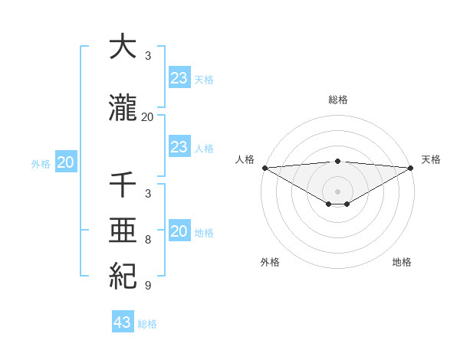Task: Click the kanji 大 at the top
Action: click(123, 47)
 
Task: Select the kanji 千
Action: click(123, 185)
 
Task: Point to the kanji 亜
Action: click(123, 231)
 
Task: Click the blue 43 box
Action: click(123, 322)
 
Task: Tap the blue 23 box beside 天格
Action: click(179, 78)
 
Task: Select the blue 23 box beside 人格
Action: click(179, 147)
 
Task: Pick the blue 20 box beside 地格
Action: click(179, 232)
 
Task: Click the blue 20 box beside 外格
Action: click(66, 162)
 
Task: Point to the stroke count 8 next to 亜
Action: click(148, 240)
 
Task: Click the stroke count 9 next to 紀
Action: click(148, 286)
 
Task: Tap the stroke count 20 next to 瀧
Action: click(148, 116)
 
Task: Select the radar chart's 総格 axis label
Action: click(337, 100)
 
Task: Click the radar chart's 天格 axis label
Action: click(432, 159)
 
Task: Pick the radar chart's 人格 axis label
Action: click(245, 159)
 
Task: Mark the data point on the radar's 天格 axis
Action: click(412, 168)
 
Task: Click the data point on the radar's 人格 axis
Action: click(264, 168)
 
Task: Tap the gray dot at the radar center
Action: click(337, 191)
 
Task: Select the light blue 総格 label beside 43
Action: click(147, 324)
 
